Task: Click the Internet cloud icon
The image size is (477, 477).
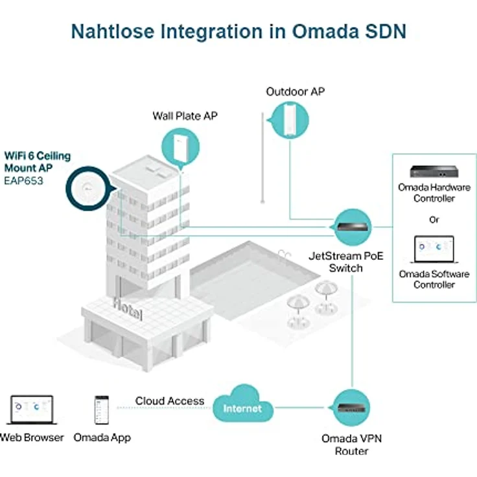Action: coord(242,406)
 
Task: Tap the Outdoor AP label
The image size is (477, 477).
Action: coord(296,91)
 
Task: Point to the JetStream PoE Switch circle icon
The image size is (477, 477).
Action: coord(351,227)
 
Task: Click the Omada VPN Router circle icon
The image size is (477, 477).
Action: coord(351,406)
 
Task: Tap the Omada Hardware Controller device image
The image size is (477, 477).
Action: coord(434,172)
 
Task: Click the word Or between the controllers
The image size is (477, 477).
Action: coord(434,220)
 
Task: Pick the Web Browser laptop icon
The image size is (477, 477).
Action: coord(30,411)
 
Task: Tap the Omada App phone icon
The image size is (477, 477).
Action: coord(102,410)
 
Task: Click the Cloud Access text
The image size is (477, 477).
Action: coord(170,401)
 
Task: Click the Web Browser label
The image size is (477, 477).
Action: coord(32,437)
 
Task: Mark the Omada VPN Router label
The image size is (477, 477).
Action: coord(351,444)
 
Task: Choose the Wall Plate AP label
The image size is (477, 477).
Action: coord(185,116)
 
